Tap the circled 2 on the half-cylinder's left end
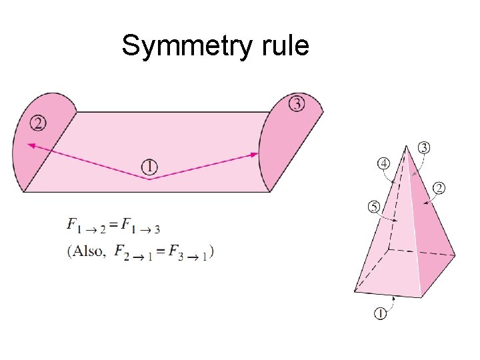(38, 123)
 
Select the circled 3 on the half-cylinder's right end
(297, 103)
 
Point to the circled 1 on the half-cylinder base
(149, 165)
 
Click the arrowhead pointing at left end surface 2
(31, 144)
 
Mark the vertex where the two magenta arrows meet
(149, 179)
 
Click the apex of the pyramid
(405, 145)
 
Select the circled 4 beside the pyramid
(384, 163)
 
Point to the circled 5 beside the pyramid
(375, 207)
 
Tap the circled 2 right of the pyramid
(439, 188)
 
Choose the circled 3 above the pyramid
(423, 147)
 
